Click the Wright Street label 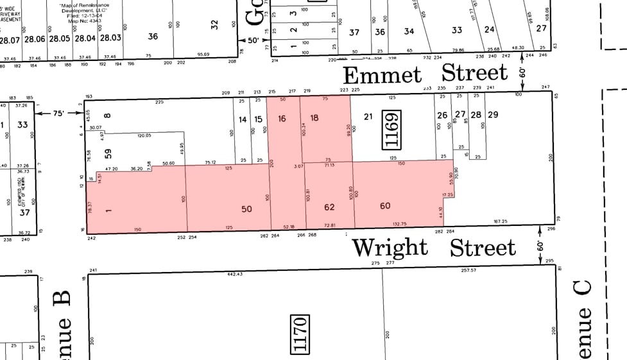[434, 247]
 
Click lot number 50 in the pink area [247, 209]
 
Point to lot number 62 [329, 207]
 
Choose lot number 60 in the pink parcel [385, 205]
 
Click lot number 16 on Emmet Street [282, 118]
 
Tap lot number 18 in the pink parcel [314, 117]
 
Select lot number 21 [368, 116]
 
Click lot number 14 [243, 119]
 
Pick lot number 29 [493, 115]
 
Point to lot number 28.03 [111, 39]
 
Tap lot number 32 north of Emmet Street [215, 24]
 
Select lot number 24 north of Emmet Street [490, 30]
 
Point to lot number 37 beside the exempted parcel [24, 212]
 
